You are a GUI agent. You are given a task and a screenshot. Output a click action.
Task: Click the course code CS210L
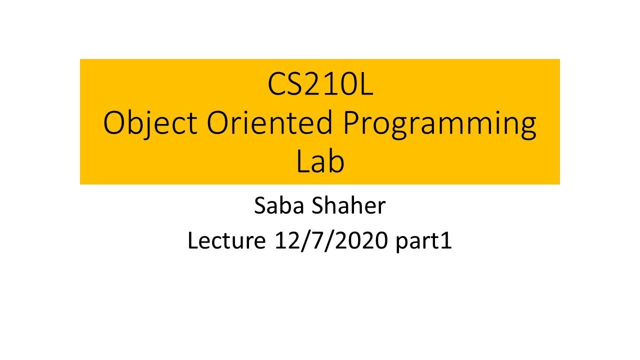point(320,84)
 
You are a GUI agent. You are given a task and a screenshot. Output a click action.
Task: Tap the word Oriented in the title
point(269,122)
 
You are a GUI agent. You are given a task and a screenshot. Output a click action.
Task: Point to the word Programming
point(439,125)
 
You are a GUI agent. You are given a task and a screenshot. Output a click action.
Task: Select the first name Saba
point(279,205)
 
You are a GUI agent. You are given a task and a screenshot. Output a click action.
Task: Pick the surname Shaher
point(348,205)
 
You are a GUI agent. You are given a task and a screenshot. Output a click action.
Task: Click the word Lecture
point(226,240)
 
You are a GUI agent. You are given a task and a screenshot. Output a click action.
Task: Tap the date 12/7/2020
point(331,241)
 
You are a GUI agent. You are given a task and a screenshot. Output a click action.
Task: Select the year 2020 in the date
point(361,240)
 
